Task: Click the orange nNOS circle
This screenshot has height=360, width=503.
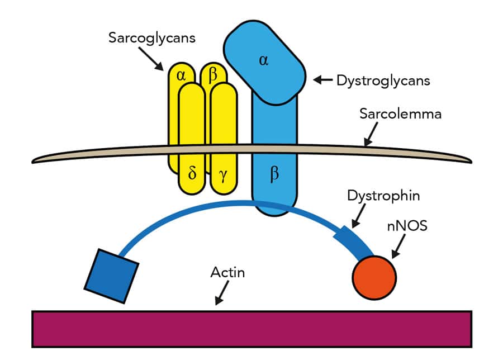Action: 374,276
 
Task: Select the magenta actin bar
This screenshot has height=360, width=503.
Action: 251,329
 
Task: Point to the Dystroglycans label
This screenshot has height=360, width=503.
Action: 383,80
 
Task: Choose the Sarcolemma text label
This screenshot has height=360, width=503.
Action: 400,114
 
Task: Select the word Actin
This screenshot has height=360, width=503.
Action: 227,273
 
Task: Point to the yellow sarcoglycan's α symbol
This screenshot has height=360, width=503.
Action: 181,75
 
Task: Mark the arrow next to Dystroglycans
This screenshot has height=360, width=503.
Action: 322,80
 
